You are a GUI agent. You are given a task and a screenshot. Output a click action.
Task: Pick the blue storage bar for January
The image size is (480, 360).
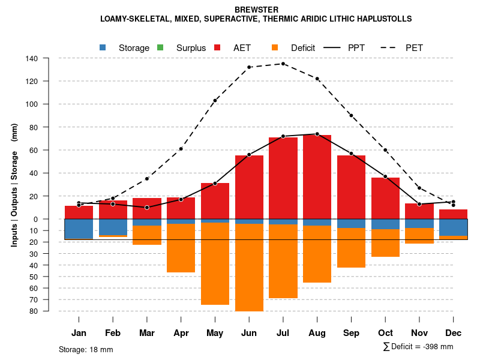point(79,229)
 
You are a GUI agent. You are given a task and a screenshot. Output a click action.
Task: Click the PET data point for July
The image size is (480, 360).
point(283,64)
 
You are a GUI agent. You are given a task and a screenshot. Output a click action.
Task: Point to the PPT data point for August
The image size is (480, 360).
point(317,134)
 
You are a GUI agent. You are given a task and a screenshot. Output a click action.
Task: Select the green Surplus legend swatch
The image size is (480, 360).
point(160,47)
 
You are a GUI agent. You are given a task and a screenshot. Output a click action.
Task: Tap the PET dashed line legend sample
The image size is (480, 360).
point(392,47)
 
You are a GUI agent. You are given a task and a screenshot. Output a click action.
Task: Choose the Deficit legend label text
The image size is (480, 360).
point(303,47)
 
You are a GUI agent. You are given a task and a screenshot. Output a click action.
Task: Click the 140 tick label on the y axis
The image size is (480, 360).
point(32,58)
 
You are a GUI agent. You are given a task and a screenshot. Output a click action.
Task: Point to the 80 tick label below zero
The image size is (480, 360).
point(34,311)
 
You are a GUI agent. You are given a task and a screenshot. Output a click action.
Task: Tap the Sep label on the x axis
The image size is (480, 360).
point(352,333)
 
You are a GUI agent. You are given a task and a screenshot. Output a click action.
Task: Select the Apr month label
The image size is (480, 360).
point(181,333)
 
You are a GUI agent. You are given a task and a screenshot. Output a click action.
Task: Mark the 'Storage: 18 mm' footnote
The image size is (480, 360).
point(86,349)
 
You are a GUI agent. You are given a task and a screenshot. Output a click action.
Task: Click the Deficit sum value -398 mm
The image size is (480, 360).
point(435,347)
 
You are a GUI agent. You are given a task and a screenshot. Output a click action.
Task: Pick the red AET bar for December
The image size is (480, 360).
point(454,214)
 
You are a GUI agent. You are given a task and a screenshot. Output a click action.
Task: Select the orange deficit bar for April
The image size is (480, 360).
point(181,248)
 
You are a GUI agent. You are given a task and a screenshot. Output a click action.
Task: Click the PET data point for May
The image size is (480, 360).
point(215,101)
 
